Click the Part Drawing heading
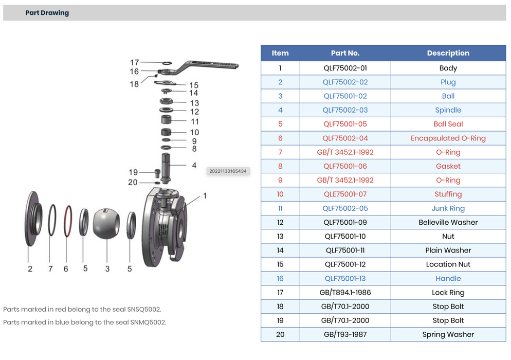point(47,13)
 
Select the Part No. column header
point(345,53)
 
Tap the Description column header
point(448,53)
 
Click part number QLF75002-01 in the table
point(345,68)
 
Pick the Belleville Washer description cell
point(448,222)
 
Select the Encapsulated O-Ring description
point(448,138)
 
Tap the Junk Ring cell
point(448,208)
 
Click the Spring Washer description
point(448,334)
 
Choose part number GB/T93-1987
point(345,334)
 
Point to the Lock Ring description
point(448,293)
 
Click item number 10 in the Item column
point(280,194)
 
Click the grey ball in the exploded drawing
point(106,224)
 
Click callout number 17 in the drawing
point(134,63)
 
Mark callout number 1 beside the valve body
point(205,196)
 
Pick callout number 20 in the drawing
point(133,183)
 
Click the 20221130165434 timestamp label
point(228,171)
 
